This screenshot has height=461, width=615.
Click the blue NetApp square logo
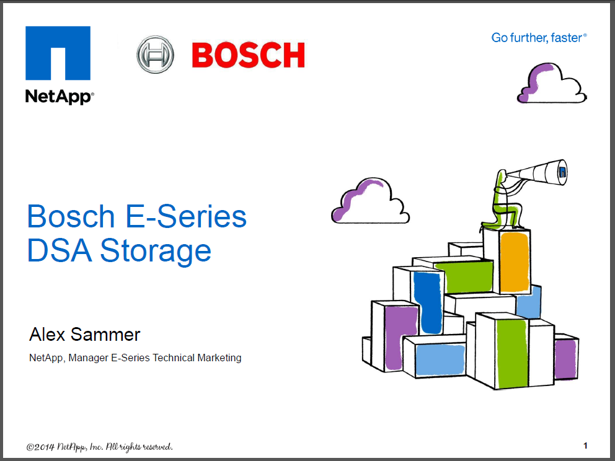click(x=58, y=53)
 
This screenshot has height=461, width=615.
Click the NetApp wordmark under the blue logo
click(x=60, y=97)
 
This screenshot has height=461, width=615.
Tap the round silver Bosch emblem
click(x=156, y=54)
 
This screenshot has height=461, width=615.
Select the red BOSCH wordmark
click(x=248, y=55)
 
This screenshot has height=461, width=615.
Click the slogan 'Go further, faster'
click(x=539, y=38)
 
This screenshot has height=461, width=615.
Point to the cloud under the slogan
click(x=552, y=83)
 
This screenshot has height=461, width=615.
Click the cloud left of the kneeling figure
click(x=370, y=201)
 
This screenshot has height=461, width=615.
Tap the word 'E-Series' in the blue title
click(x=186, y=216)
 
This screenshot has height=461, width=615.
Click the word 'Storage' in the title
click(x=156, y=251)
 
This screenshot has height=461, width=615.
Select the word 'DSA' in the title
click(x=60, y=250)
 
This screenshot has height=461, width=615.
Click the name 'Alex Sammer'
click(x=85, y=335)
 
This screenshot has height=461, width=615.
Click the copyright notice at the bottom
click(x=99, y=447)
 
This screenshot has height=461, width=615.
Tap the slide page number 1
click(x=585, y=446)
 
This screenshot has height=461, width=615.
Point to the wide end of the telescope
click(x=562, y=172)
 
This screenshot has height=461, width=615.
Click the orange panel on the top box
click(x=515, y=262)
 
